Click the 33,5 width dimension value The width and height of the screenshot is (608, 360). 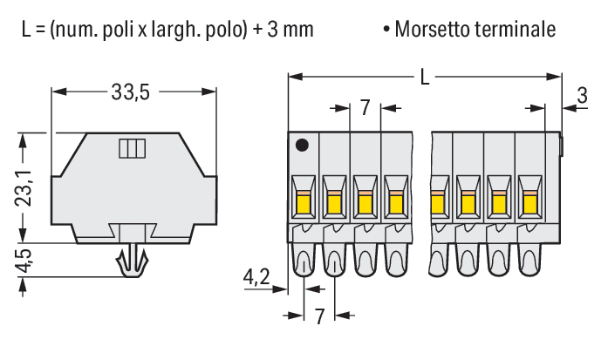point(130,92)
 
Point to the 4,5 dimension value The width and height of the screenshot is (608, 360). point(24,261)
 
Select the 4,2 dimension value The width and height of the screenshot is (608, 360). point(256,277)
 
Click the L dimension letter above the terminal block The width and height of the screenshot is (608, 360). point(425,78)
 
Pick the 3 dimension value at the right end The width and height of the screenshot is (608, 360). point(582,95)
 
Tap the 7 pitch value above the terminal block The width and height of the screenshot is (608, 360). point(365,108)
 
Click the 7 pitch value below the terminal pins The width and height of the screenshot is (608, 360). point(319,316)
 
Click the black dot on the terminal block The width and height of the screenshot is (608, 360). point(302,146)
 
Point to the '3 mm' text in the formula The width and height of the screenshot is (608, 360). point(290,30)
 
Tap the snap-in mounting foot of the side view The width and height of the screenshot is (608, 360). point(133,260)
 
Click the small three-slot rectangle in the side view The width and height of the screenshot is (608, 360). point(133,148)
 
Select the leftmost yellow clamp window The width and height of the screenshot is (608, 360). point(303,204)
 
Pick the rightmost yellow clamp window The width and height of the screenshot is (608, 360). point(529,204)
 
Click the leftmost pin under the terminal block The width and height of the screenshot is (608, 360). point(304,260)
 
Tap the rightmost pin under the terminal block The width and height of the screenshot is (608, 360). point(529,260)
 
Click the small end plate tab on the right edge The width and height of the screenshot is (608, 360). point(561,146)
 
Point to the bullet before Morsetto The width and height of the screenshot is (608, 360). point(386,30)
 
